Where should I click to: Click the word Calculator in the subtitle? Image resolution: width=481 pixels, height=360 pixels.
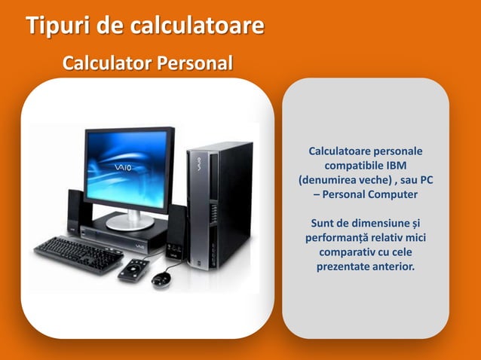[x=105, y=63]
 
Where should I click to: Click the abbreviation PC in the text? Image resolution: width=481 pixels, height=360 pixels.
[x=425, y=181]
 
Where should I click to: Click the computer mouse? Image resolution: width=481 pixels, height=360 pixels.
[x=162, y=279]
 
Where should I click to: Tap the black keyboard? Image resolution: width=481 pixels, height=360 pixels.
[x=78, y=254]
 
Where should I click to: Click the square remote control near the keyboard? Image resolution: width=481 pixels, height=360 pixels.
[x=133, y=270]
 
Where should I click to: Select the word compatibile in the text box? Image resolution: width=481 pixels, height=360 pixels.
[x=354, y=166]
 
